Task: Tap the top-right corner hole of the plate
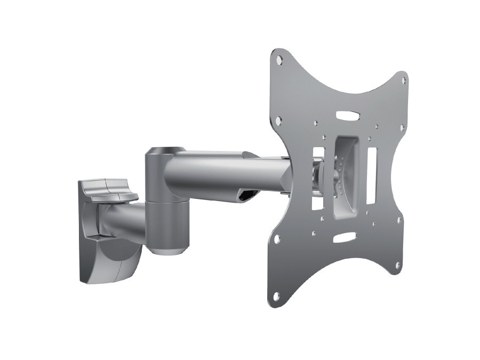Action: (403, 81)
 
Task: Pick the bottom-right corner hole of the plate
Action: (398, 264)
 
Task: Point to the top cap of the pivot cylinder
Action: (165, 151)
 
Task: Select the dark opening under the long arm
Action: (246, 197)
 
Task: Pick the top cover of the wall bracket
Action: (107, 190)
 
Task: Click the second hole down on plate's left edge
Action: (278, 122)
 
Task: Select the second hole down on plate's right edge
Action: (402, 128)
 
